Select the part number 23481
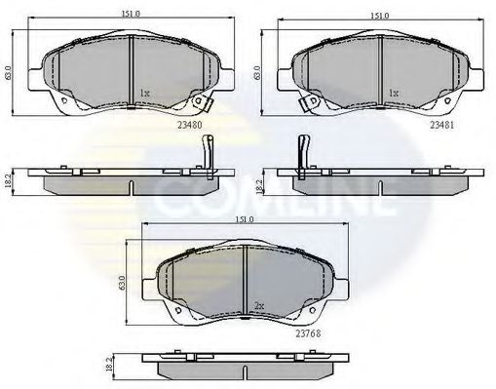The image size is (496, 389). [x=443, y=125]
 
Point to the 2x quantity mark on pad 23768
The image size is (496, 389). [x=257, y=305]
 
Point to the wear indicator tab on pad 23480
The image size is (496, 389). [x=201, y=99]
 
